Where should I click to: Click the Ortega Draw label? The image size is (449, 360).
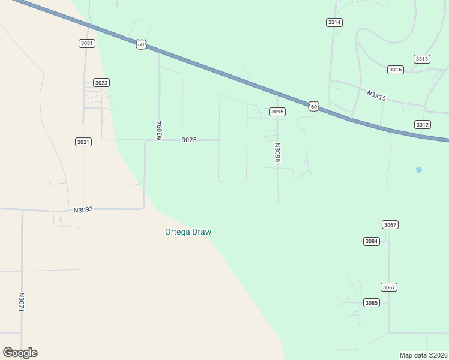pos(188,232)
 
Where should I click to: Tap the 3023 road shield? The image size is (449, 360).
pos(101,83)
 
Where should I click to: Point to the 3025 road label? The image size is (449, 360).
pos(189,140)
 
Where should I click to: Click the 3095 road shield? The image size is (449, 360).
pos(277,112)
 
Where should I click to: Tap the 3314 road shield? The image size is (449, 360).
pos(334,22)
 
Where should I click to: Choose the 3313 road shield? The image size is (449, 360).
pos(421,59)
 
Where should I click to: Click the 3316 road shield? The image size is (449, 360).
pos(395,70)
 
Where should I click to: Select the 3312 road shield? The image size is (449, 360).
pos(422,124)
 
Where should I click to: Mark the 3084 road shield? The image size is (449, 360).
pos(372,241)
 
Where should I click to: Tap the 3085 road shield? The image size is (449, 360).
pos(372,303)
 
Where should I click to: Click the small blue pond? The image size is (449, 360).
pos(418,170)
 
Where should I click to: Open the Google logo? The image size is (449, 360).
pos(20,353)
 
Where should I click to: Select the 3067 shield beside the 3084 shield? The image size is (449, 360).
pos(390,225)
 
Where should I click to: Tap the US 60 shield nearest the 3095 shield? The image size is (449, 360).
pos(313,106)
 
